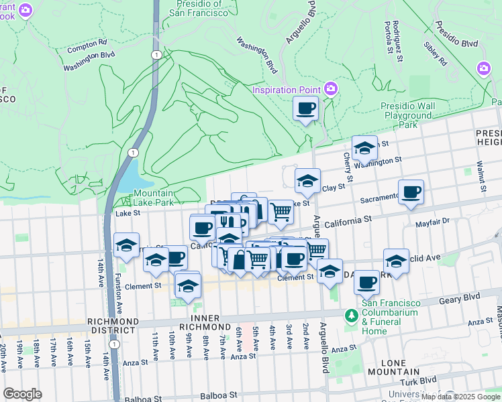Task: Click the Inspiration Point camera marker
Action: pyautogui.click(x=330, y=88)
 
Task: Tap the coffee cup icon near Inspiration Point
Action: pyautogui.click(x=305, y=109)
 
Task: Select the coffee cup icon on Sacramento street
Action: pyautogui.click(x=411, y=192)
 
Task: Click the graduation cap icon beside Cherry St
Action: pyautogui.click(x=364, y=149)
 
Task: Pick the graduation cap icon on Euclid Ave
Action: pyautogui.click(x=396, y=261)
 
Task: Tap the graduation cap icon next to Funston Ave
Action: pyautogui.click(x=125, y=246)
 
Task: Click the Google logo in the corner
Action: pyautogui.click(x=23, y=393)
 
